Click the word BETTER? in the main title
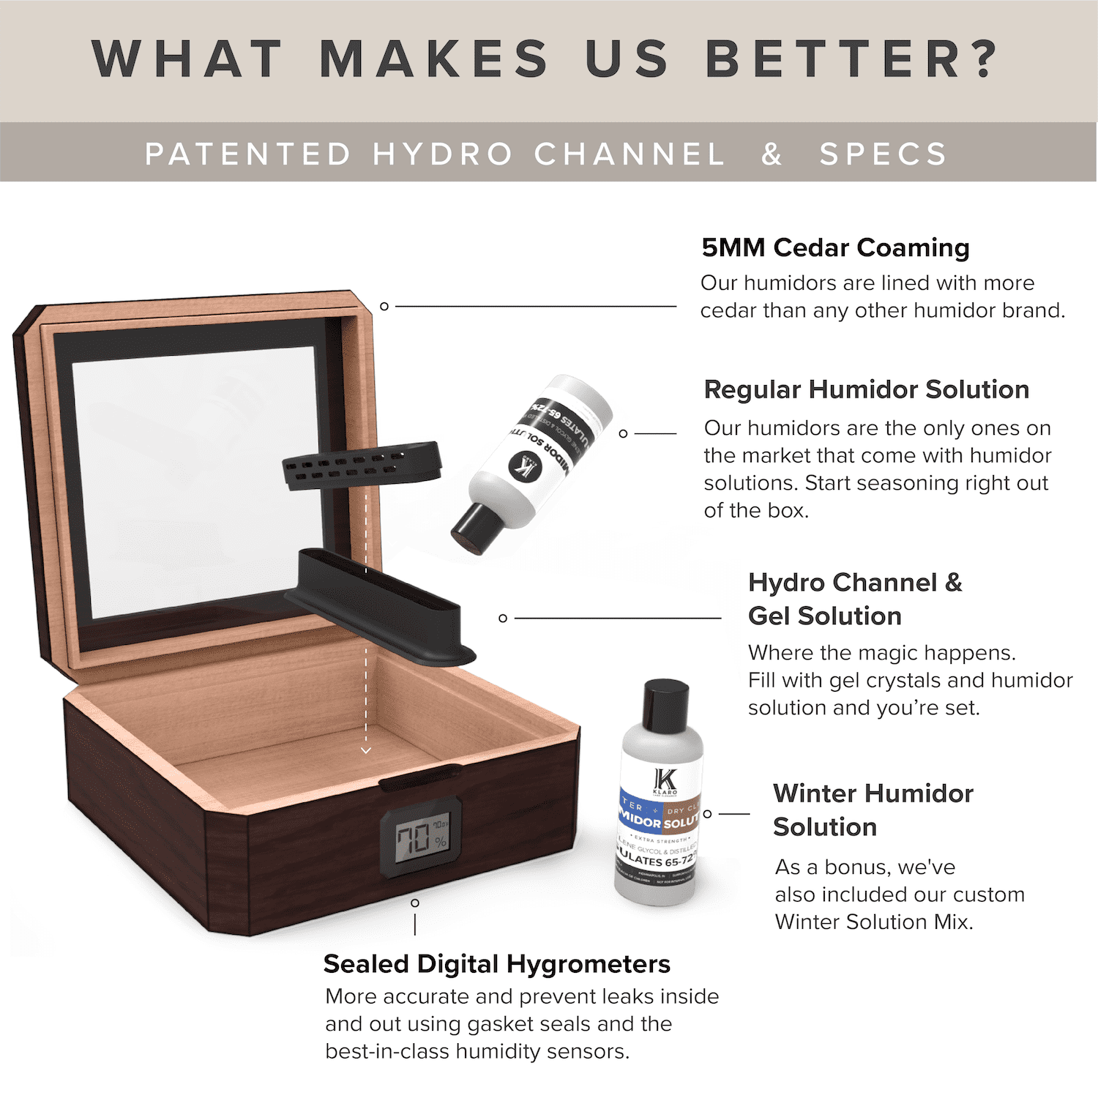[851, 59]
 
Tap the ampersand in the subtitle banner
[772, 154]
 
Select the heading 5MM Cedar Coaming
[835, 247]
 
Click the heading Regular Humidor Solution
[866, 389]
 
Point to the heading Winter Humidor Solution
[873, 810]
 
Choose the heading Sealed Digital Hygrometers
[496, 964]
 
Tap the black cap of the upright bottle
[665, 703]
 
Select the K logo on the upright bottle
[665, 782]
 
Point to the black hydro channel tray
[381, 608]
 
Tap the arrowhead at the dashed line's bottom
[366, 750]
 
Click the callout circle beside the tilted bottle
[623, 433]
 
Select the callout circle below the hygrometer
[415, 903]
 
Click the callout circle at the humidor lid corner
[384, 306]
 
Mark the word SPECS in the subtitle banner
[883, 154]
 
